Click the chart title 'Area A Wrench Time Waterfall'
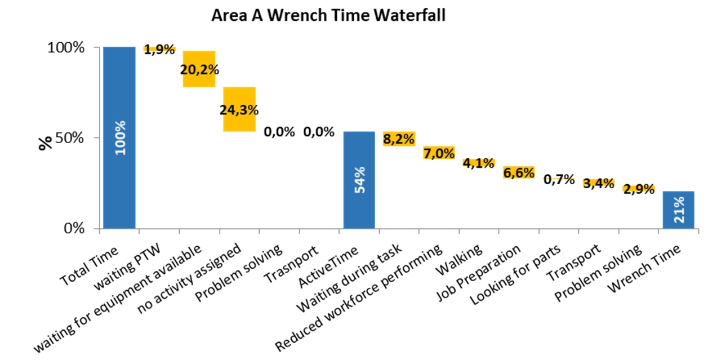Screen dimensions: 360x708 (328, 15)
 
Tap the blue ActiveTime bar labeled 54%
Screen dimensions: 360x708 (359, 180)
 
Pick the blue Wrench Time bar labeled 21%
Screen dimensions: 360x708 (678, 210)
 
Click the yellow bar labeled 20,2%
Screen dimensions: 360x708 (199, 69)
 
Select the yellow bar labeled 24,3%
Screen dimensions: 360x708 (239, 109)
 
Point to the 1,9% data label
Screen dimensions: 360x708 (160, 50)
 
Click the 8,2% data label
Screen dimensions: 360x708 (399, 139)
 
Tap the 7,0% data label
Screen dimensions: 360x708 (439, 153)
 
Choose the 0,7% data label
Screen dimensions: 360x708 (559, 180)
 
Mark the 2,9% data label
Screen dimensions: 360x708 (638, 189)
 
